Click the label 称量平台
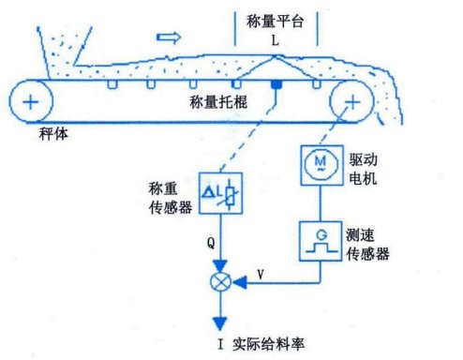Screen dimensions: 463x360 pos(275,22)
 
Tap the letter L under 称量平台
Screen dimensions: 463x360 pos(275,40)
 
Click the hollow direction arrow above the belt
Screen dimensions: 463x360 pos(169,37)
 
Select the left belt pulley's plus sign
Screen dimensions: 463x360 pos(31,102)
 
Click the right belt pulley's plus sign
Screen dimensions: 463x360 pos(352,102)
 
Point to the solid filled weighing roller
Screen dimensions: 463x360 pos(276,84)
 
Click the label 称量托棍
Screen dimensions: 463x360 pos(218,102)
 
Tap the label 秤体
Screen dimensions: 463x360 pos(53,134)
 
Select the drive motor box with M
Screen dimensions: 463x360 pos(321,165)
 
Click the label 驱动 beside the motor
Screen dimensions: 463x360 pos(363,159)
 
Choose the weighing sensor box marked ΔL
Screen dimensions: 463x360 pos(220,193)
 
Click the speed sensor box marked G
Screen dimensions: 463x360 pos(321,241)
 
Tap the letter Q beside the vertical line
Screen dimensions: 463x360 pos(211,242)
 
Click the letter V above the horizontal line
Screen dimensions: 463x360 pos(261,275)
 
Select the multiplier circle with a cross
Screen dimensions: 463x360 pos(220,282)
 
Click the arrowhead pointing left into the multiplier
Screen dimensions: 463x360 pos(240,282)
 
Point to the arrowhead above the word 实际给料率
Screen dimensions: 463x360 pos(220,323)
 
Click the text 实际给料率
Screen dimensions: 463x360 pos(268,344)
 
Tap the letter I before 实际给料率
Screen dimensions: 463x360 pos(221,344)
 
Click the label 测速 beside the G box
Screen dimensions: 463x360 pos(360,234)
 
